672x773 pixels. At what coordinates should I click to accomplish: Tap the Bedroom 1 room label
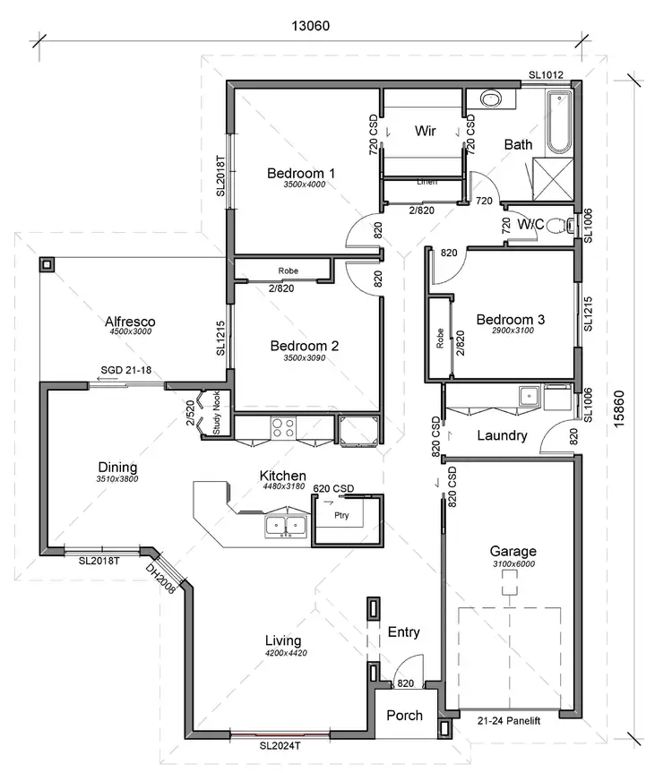[301, 173]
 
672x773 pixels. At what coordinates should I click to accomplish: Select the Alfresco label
[131, 321]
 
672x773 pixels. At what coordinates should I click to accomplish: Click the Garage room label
[513, 551]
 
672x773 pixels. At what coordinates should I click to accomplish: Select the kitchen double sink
[286, 526]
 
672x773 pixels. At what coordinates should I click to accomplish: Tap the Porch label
[404, 716]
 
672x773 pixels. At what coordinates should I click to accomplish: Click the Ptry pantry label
[340, 516]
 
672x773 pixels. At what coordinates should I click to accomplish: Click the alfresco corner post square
[46, 265]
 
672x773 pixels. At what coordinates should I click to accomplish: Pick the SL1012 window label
[546, 75]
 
